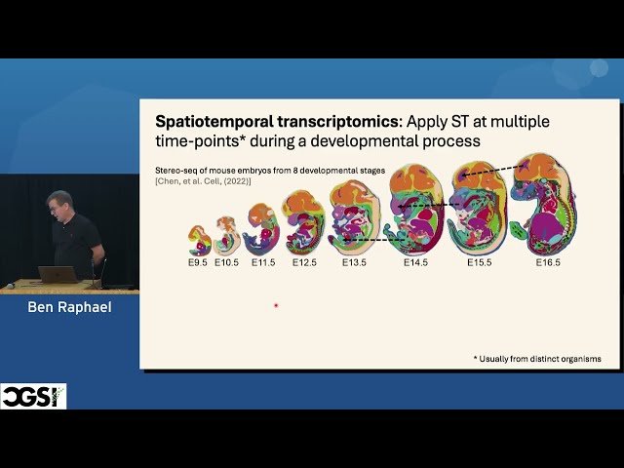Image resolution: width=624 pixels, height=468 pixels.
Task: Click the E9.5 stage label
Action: pos(198,263)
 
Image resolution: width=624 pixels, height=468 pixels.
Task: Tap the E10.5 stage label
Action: pos(227,263)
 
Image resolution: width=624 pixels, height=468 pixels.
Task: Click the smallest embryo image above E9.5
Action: pos(198,240)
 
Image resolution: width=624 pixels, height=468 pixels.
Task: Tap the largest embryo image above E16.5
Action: pos(544,204)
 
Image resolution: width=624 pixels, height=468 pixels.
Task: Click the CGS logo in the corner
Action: pos(33,396)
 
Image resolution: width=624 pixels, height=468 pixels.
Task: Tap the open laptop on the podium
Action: pos(58,274)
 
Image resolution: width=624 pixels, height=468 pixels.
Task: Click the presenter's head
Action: pos(59,203)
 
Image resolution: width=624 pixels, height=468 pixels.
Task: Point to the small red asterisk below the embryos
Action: pos(276,306)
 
